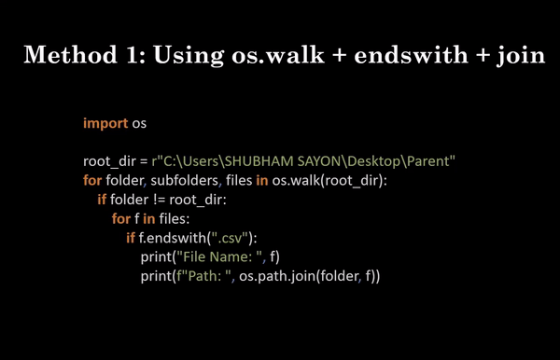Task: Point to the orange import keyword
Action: [x=105, y=122]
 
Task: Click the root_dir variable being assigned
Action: [x=110, y=161]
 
